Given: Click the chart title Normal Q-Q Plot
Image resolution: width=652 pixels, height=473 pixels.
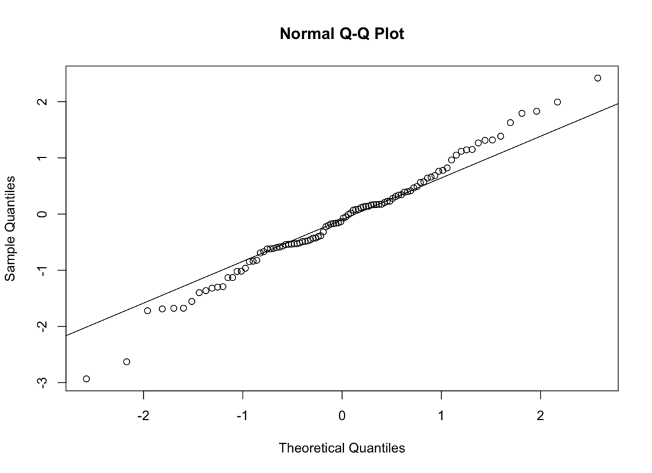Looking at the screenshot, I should [342, 34].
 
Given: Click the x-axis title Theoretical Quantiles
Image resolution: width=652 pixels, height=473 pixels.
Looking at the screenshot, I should [342, 448].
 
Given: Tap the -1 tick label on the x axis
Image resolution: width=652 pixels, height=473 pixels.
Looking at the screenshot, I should [242, 416].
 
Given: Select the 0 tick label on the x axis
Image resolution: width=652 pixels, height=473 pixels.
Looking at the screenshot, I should [342, 416].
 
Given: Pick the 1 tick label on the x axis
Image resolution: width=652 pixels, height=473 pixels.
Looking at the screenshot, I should [441, 416].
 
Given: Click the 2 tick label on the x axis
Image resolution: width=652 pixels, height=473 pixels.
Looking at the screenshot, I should [541, 416].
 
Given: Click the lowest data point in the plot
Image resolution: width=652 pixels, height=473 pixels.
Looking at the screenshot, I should [87, 379].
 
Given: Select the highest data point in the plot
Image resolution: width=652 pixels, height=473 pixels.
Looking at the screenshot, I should [597, 78].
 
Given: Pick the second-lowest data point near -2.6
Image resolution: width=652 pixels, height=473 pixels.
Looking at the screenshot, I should [127, 362].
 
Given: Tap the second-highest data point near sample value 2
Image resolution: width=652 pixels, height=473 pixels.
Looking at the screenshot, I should [557, 102].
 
